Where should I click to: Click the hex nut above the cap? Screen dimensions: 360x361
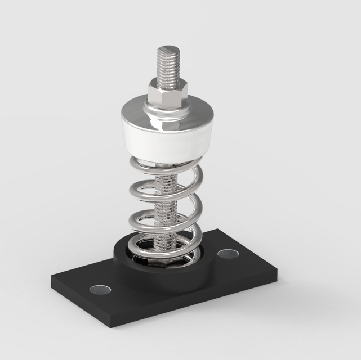pyautogui.click(x=167, y=92)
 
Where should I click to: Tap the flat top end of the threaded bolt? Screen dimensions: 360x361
pyautogui.click(x=167, y=49)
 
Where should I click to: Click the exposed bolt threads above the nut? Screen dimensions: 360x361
pyautogui.click(x=167, y=67)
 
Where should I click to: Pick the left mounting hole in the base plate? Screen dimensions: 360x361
pyautogui.click(x=100, y=290)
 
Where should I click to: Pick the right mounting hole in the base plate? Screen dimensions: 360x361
pyautogui.click(x=228, y=254)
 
